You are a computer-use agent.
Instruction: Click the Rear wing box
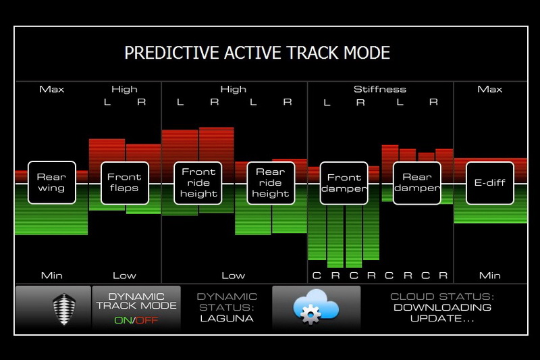pyautogui.click(x=52, y=182)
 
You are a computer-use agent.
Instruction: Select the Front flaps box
pyautogui.click(x=125, y=183)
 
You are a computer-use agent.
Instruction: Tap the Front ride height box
pyautogui.click(x=198, y=183)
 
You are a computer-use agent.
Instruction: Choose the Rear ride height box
pyautogui.click(x=271, y=183)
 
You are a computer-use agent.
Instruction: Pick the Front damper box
pyautogui.click(x=344, y=183)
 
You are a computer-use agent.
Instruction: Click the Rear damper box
pyautogui.click(x=417, y=183)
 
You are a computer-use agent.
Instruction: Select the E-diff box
pyautogui.click(x=490, y=183)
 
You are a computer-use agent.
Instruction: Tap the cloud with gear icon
pyautogui.click(x=316, y=307)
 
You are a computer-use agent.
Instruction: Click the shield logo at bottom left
pyautogui.click(x=64, y=309)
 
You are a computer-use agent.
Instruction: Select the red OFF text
pyautogui.click(x=147, y=320)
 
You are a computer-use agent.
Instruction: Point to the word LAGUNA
pyautogui.click(x=227, y=318)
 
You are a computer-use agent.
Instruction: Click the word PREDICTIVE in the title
pyautogui.click(x=172, y=53)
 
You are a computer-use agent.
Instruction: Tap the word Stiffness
pyautogui.click(x=380, y=89)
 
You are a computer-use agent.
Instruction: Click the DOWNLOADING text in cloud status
pyautogui.click(x=443, y=307)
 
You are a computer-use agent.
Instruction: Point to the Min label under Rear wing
pyautogui.click(x=52, y=276)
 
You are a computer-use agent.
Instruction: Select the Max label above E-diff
pyautogui.click(x=490, y=89)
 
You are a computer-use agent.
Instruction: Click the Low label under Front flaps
pyautogui.click(x=124, y=276)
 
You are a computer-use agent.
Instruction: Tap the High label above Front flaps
pyautogui.click(x=124, y=89)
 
